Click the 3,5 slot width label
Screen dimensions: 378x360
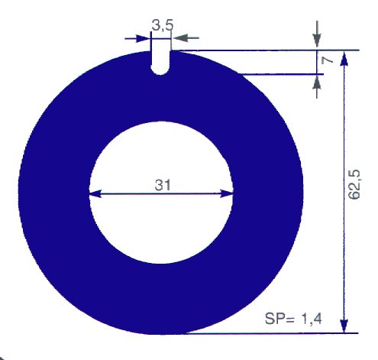163,25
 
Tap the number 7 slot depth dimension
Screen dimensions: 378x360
328,60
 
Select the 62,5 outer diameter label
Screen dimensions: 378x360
354,184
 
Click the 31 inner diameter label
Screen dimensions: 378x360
163,185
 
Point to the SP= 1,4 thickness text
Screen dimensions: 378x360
293,319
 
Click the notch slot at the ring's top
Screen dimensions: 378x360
160,63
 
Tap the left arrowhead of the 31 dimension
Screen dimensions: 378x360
95,194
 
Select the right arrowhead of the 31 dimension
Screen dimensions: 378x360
227,194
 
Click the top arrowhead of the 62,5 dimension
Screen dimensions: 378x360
344,59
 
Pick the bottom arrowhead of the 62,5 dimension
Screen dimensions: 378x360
344,325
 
